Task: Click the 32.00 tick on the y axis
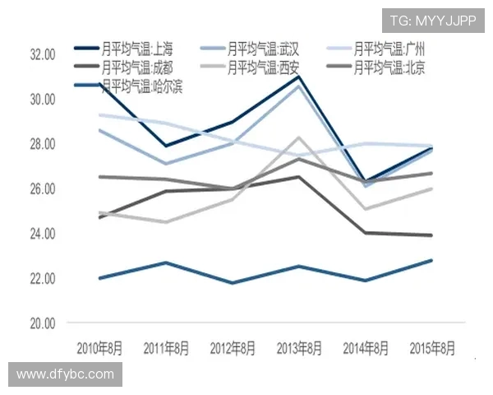click(x=42, y=54)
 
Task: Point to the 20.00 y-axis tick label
click(x=42, y=323)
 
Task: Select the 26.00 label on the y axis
click(x=42, y=189)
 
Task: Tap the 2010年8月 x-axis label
click(x=99, y=347)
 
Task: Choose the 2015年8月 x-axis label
click(x=432, y=347)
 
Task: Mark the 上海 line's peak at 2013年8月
click(x=299, y=77)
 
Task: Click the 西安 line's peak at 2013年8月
click(x=299, y=137)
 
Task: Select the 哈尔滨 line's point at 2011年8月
click(x=166, y=263)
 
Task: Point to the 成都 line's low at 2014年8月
click(x=366, y=233)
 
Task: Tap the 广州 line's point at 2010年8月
click(x=99, y=114)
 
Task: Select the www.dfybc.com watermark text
click(x=65, y=374)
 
